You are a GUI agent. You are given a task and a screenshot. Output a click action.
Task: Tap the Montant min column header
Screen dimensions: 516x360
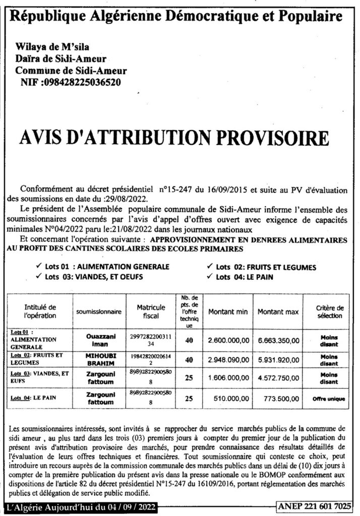[x=228, y=312]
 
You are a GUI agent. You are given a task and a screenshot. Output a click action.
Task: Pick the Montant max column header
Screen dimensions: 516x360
[x=278, y=312]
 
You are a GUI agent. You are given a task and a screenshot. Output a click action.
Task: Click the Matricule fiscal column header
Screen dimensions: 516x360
[x=151, y=311]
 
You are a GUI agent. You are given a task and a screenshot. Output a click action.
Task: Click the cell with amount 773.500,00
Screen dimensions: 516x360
[x=278, y=398]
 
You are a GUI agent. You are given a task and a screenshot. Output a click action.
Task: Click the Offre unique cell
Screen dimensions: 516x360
[x=329, y=399]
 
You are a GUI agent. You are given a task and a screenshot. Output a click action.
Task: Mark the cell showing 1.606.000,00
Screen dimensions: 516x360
[x=228, y=378]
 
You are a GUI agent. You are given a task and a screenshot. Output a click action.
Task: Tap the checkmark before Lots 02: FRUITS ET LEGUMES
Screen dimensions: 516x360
[x=209, y=267]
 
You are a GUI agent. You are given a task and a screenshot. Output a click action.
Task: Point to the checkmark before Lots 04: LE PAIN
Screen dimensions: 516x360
[x=209, y=276]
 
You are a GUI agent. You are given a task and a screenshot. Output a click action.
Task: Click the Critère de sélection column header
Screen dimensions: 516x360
[x=329, y=311]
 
